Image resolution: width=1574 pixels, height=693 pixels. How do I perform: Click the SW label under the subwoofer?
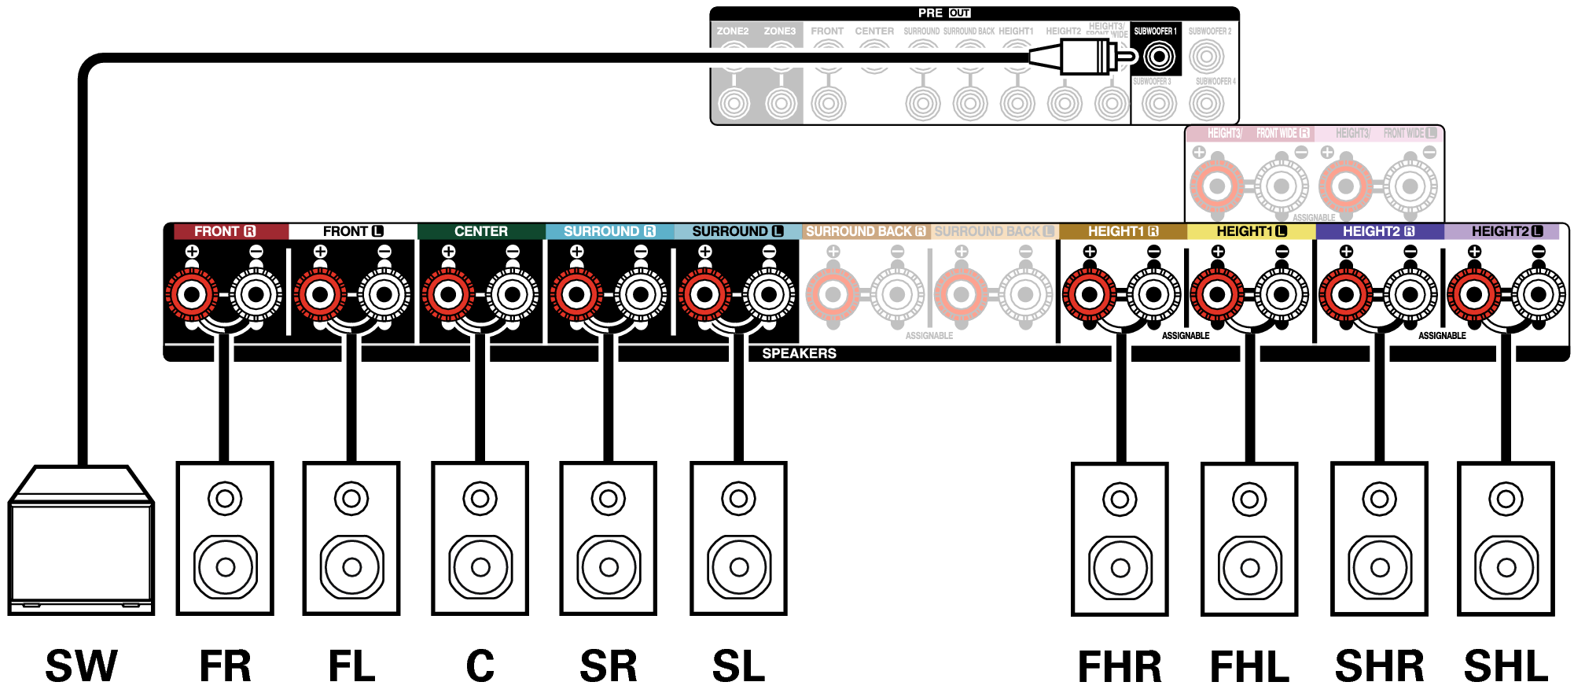point(82,666)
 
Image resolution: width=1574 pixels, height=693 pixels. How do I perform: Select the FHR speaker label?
point(1120,666)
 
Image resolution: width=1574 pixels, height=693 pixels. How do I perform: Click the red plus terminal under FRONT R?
point(192,295)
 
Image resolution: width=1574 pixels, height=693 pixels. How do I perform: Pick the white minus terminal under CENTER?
point(513,295)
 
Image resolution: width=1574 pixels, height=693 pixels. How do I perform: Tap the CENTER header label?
point(480,231)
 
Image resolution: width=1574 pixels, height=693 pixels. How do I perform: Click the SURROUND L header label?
point(737,231)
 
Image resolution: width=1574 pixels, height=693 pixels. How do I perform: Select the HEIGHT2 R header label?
point(1378,231)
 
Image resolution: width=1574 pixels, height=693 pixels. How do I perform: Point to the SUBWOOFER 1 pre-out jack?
point(1159,57)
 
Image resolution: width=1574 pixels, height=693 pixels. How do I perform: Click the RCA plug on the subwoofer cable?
point(1088,57)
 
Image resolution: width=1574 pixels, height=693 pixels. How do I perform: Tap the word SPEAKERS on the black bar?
point(799,353)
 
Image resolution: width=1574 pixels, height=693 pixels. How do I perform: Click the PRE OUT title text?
point(943,13)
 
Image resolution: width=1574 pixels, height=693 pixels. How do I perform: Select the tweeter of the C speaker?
point(480,498)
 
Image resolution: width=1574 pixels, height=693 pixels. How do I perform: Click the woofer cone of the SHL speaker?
point(1506,567)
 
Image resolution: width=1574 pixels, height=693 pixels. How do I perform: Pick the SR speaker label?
point(609,666)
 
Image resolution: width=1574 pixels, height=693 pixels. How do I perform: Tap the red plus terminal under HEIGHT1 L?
point(1217,295)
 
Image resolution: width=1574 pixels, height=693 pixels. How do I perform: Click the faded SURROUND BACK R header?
point(865,231)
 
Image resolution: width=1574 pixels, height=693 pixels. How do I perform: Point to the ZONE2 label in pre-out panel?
point(732,31)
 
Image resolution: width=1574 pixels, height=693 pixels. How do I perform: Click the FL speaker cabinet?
point(351,539)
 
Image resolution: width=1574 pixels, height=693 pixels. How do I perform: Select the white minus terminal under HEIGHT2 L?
point(1538,295)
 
